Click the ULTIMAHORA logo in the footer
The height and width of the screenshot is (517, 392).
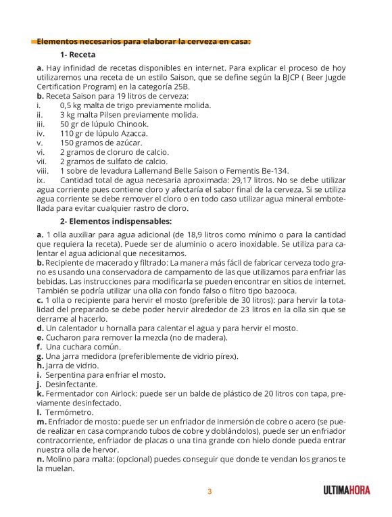tap(346, 491)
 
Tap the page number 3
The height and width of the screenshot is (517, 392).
tap(210, 491)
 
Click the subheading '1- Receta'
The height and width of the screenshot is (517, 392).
tap(77, 54)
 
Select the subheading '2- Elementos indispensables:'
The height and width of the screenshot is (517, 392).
tap(116, 220)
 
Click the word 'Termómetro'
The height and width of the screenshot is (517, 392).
tap(68, 412)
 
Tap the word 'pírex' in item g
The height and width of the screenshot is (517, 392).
tap(227, 355)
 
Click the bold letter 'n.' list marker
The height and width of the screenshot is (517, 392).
tap(41, 459)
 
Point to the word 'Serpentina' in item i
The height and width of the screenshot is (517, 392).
tap(67, 374)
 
